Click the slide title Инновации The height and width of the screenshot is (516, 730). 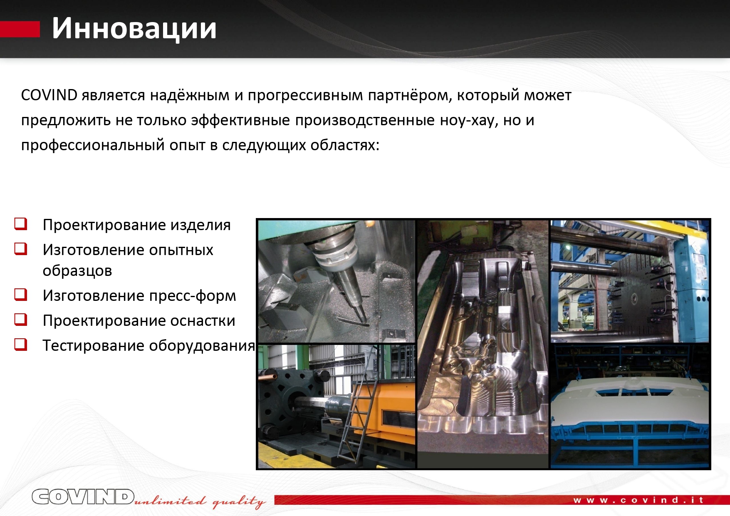tap(134, 29)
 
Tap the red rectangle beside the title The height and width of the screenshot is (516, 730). tap(20, 30)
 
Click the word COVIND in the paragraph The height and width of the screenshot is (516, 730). tap(49, 95)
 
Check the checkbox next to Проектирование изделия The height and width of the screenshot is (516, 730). tap(21, 224)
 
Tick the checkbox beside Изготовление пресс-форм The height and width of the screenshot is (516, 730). tap(21, 295)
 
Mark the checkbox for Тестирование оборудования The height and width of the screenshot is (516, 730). tap(21, 345)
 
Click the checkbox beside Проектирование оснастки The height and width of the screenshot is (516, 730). tap(21, 320)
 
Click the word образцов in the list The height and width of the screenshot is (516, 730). tap(77, 271)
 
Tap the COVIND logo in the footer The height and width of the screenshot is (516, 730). tap(83, 497)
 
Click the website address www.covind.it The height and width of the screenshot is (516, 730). tap(638, 500)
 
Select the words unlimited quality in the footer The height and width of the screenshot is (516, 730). tap(200, 501)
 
